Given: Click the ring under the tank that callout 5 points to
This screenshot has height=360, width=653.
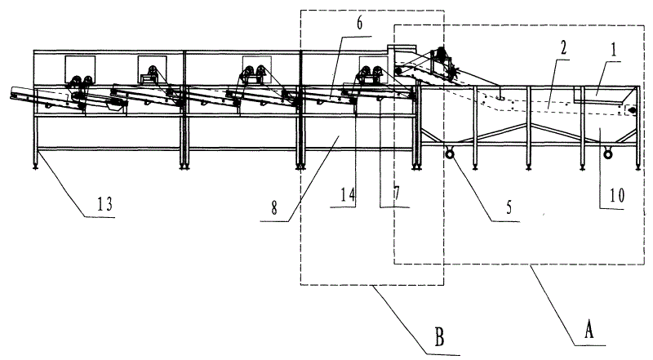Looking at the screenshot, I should pos(448,153).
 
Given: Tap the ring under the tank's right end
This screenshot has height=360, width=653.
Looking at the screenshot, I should pos(606,153).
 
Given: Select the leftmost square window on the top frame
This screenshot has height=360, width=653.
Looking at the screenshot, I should pos(80,69).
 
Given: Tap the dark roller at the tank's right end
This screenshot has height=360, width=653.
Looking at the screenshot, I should pos(629,108).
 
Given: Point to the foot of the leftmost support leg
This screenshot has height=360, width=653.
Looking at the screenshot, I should pos(35,169).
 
